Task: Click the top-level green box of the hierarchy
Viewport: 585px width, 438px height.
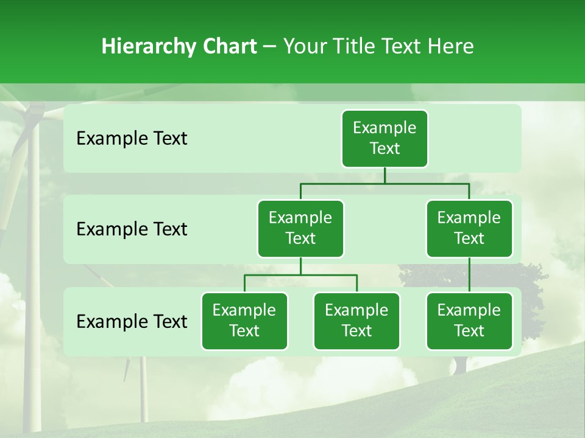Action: [x=385, y=138]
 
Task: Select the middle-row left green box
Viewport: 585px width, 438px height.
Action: [x=300, y=228]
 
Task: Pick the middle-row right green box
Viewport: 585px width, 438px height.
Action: [x=469, y=228]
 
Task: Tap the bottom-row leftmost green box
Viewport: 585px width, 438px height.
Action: [x=244, y=321]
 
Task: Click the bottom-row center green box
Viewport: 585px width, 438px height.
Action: [x=356, y=321]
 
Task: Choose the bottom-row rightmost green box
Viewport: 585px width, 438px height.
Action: [x=469, y=321]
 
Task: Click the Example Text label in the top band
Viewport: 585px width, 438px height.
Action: [x=132, y=139]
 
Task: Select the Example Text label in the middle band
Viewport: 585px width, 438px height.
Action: [x=132, y=229]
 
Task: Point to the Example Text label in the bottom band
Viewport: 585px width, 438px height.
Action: [x=132, y=321]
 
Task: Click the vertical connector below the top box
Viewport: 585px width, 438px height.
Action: [x=385, y=175]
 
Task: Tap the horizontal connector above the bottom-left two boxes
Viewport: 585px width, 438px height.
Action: [x=300, y=275]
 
